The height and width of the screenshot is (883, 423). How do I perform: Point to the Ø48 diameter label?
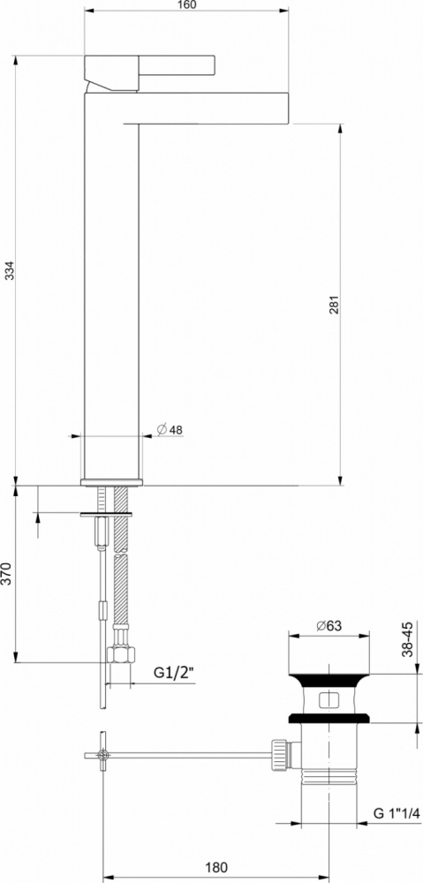[170, 430]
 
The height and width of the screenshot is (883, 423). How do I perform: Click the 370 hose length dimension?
[6, 573]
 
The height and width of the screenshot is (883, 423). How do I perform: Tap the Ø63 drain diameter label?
[329, 626]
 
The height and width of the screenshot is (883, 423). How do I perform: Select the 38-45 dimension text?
[408, 638]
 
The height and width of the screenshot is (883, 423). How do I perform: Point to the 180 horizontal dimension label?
[216, 867]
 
